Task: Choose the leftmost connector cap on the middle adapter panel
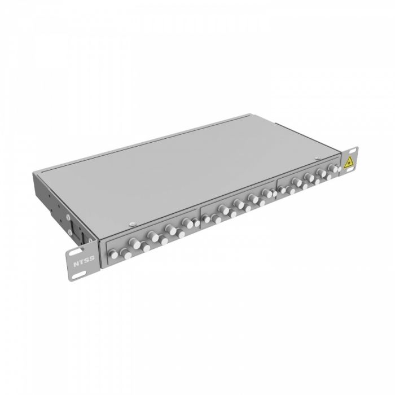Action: pyautogui.click(x=207, y=216)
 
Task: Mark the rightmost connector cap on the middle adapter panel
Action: pyautogui.click(x=269, y=193)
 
